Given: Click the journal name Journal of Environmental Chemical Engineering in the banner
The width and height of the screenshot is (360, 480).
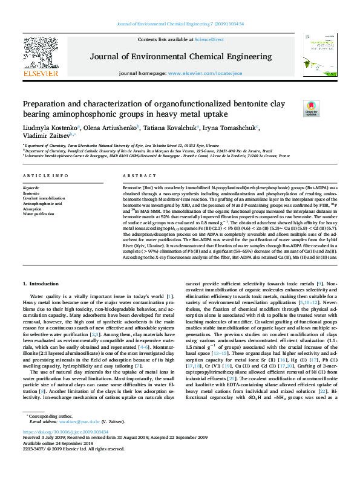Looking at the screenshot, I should [x=180, y=56].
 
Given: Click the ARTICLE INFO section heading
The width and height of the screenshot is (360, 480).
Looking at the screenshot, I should [x=45, y=176].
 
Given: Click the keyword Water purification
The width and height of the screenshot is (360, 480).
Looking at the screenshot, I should [x=39, y=214].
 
